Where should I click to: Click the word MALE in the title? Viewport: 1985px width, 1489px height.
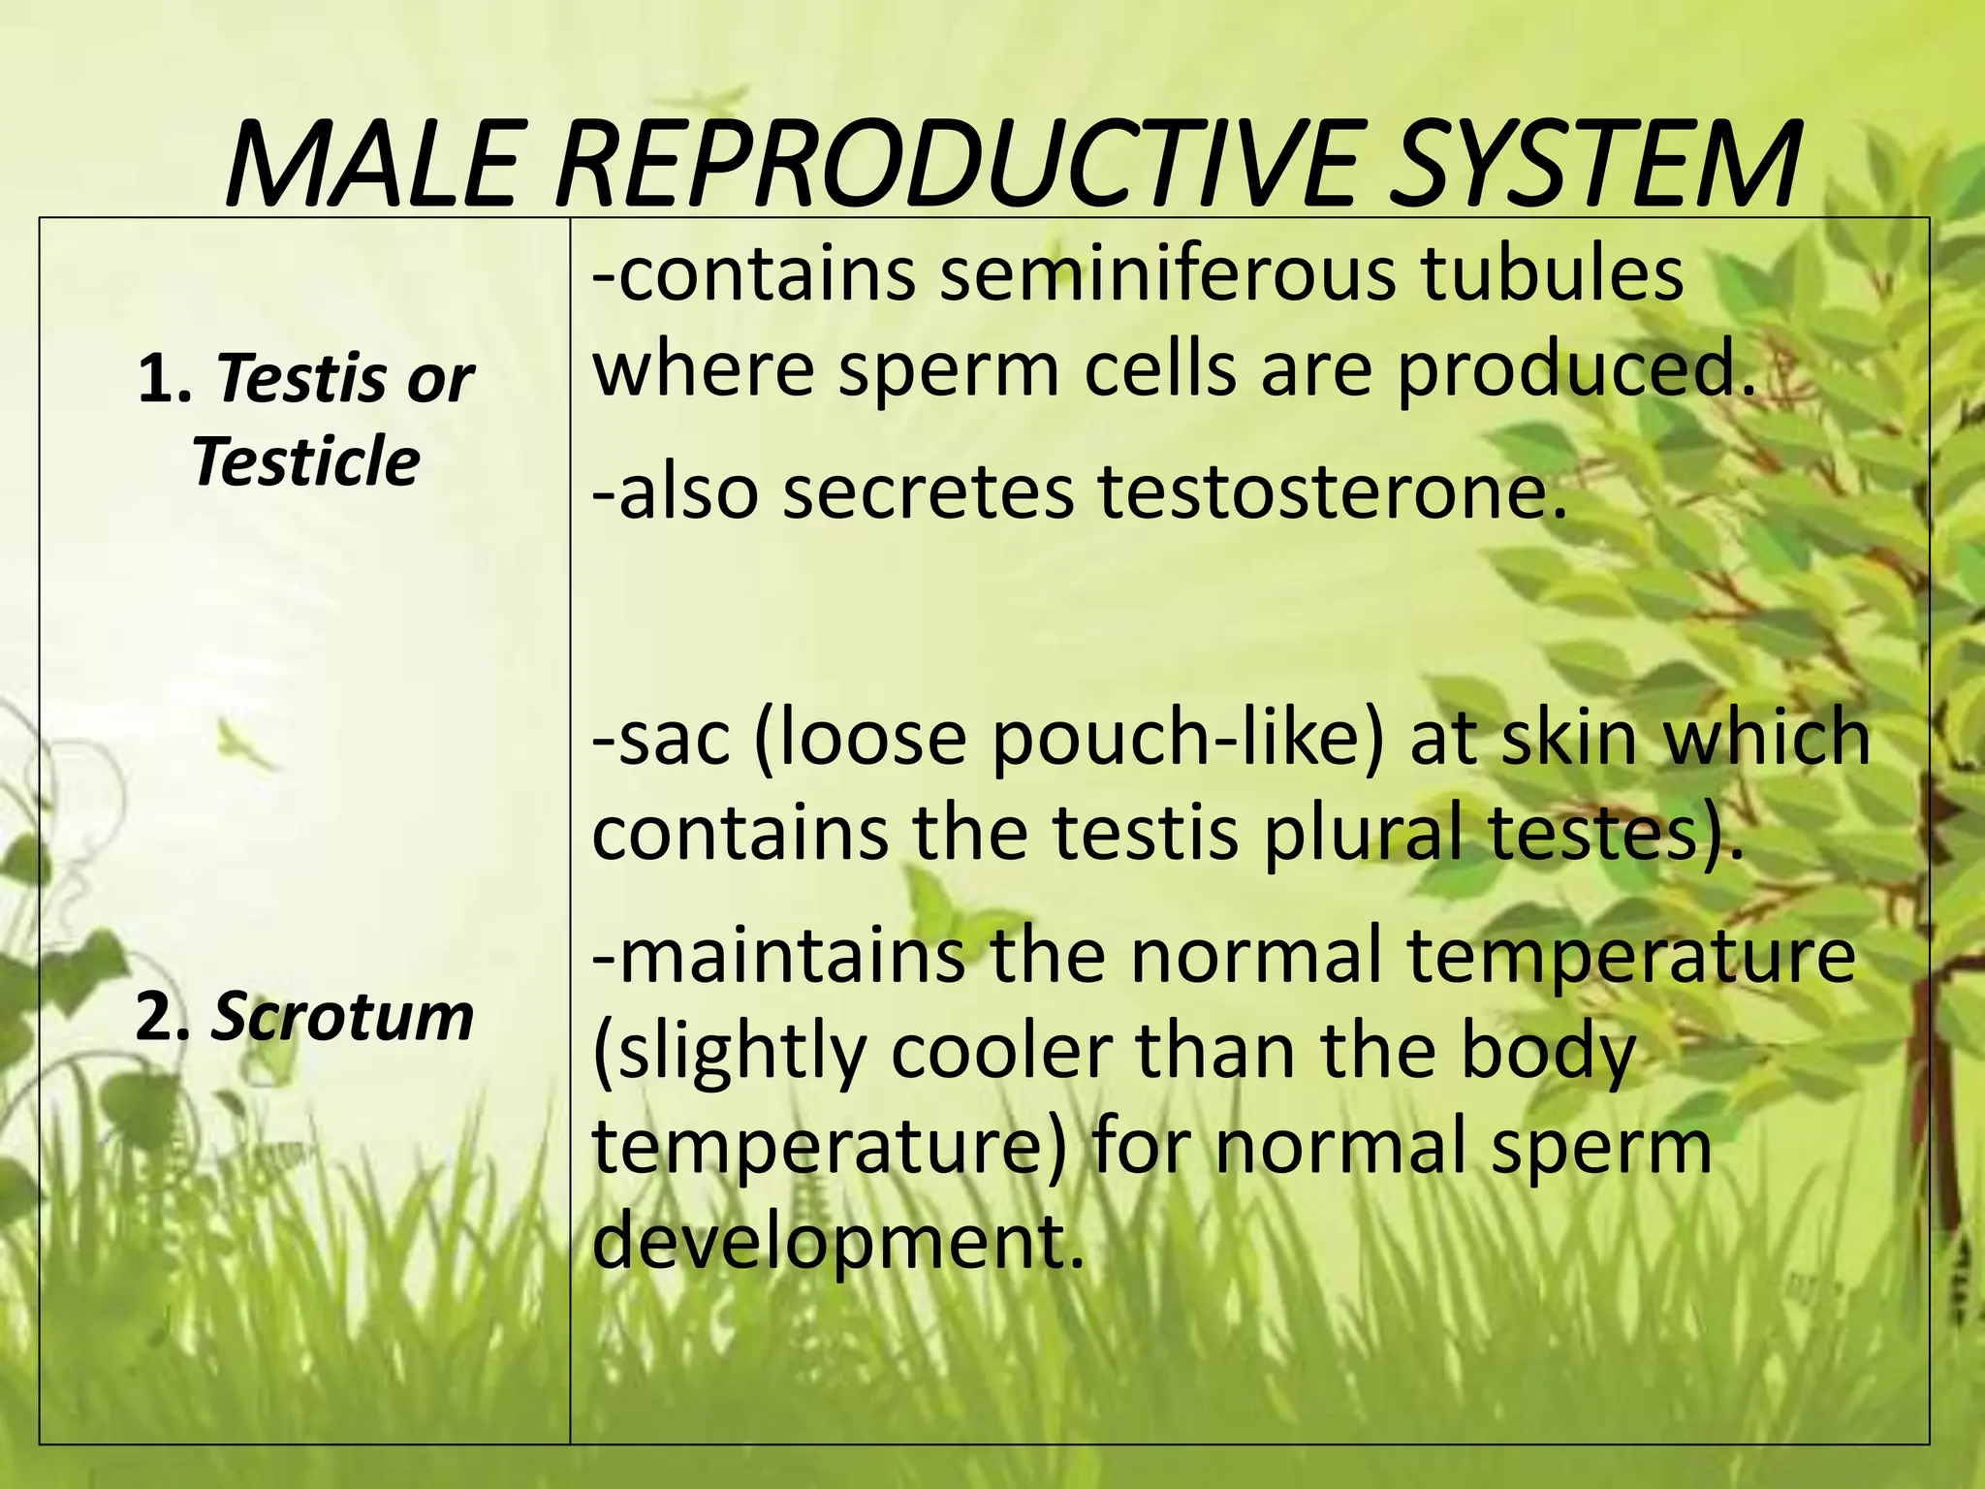[x=369, y=165]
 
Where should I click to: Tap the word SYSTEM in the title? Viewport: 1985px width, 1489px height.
[x=1594, y=165]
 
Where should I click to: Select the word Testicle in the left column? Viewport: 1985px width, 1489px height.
[x=305, y=461]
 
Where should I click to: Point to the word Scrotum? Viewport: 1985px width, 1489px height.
[x=342, y=1017]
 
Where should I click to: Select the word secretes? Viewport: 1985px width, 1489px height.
[x=928, y=492]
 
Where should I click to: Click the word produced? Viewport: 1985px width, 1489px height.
[x=1576, y=370]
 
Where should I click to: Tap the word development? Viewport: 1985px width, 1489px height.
[x=836, y=1243]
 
